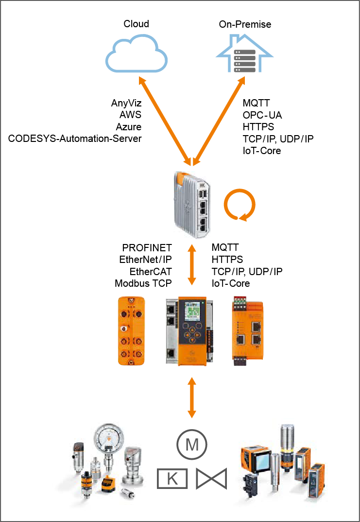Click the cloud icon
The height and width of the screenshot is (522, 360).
point(137,53)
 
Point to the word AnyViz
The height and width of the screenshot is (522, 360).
point(126,103)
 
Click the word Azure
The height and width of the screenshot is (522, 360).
point(129,127)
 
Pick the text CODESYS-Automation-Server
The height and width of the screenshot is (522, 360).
point(75,139)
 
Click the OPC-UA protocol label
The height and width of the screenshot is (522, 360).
point(262,115)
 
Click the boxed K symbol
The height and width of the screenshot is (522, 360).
point(172,479)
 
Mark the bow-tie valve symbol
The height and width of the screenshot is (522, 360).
point(212,479)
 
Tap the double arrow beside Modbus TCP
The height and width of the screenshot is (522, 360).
point(192,265)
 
